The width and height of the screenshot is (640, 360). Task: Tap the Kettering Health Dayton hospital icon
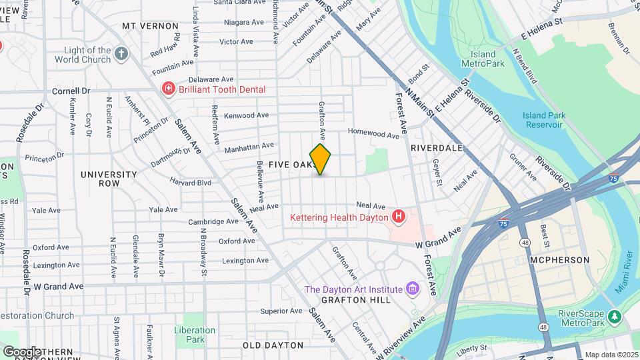[x=399, y=217]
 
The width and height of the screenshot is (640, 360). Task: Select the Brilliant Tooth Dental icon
[x=168, y=89]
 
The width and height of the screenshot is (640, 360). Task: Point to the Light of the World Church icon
[x=121, y=54]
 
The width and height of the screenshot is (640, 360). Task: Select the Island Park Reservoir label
[x=544, y=120]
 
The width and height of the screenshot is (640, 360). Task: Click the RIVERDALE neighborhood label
[x=437, y=147]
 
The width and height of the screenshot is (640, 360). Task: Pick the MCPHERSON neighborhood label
[x=559, y=259]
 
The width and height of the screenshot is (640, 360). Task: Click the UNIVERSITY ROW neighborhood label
[x=109, y=179]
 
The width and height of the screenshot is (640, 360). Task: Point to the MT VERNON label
[x=151, y=25]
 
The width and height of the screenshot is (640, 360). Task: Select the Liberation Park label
[x=195, y=335]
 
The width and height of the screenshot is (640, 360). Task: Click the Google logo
[x=22, y=351]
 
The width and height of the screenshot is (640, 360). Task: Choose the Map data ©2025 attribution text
[x=611, y=355]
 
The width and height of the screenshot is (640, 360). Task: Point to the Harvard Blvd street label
[x=190, y=182]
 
